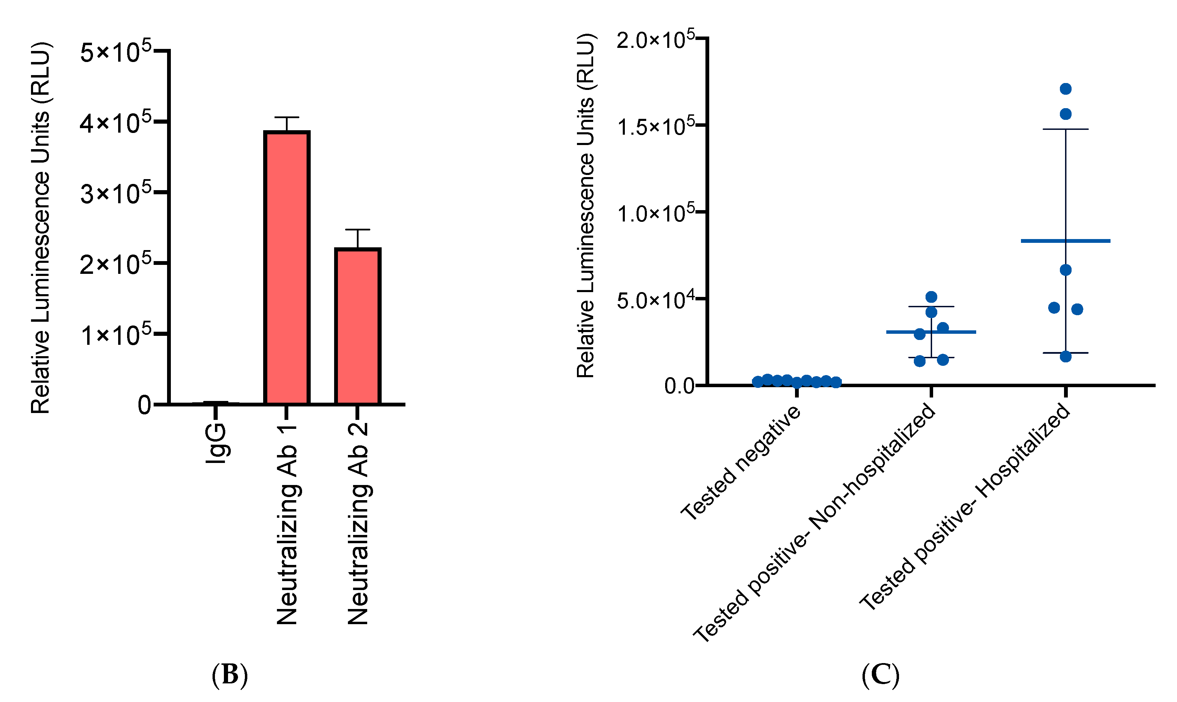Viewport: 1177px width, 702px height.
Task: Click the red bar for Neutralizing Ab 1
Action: (287, 267)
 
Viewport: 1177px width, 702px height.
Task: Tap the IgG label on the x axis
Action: (216, 442)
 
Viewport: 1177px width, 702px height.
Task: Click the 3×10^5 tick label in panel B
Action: (115, 193)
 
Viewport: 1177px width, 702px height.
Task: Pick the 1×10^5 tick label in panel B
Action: (115, 334)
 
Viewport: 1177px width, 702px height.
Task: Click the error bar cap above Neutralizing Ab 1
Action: (287, 117)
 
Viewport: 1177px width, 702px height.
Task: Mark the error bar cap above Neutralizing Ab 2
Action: (358, 230)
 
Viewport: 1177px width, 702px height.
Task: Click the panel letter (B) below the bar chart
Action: (229, 674)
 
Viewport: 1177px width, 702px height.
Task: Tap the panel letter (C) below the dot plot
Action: (880, 674)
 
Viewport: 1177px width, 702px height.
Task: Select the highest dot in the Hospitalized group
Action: (1065, 89)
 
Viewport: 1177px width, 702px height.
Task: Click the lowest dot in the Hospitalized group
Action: (1065, 357)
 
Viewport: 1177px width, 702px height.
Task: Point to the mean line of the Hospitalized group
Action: (1065, 241)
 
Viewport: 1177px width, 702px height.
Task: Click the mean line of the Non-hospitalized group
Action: (931, 332)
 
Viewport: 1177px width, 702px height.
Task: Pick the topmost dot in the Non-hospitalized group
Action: (931, 297)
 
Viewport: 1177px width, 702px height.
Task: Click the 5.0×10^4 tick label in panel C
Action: (655, 300)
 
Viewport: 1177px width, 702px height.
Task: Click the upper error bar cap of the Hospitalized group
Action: (1065, 129)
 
